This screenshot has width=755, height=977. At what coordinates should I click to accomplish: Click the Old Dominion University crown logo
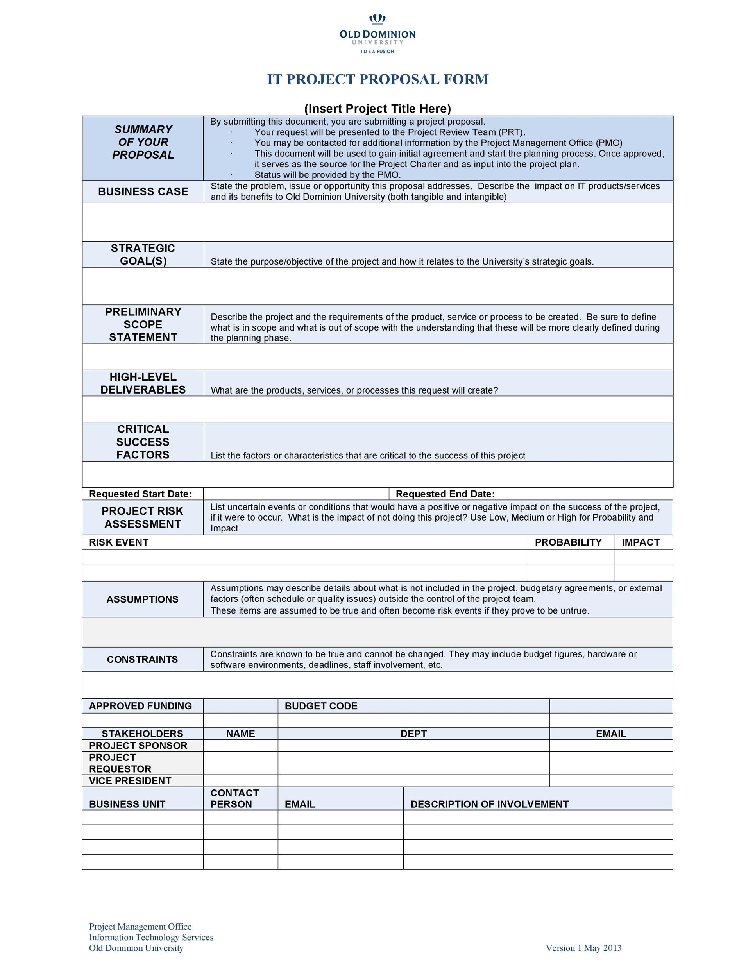pos(377,19)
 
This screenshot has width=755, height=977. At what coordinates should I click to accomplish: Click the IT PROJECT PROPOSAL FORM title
pos(377,79)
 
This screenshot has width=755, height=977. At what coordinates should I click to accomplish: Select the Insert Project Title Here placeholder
pos(377,109)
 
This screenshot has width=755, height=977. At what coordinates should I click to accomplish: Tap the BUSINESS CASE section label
pos(143,191)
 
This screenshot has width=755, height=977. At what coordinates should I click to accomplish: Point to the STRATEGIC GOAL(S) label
pos(143,254)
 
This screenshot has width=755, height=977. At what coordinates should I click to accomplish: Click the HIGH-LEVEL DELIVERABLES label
pos(143,383)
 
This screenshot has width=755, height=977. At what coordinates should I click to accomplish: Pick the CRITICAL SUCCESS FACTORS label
pos(143,442)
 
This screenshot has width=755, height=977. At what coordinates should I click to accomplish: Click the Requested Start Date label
pos(140,494)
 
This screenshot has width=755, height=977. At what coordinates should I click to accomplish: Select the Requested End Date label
pos(445,494)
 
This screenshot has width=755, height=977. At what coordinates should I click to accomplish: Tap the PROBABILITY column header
pos(568,542)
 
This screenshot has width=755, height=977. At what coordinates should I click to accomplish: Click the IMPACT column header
pos(640,542)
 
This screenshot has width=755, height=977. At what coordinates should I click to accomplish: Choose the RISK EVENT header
pos(118,542)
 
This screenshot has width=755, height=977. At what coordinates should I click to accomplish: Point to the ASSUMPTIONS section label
pos(142,599)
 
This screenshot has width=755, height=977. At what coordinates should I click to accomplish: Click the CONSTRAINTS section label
pos(142,659)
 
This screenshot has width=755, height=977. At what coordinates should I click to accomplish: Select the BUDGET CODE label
pos(321,706)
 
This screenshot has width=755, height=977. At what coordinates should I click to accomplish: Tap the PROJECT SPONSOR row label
pos(138,745)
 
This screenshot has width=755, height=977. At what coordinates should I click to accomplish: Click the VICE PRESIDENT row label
pos(130,780)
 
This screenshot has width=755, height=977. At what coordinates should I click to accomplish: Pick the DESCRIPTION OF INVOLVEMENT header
pos(489,804)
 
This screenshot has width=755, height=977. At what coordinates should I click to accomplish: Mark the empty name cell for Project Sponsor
pos(241,745)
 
